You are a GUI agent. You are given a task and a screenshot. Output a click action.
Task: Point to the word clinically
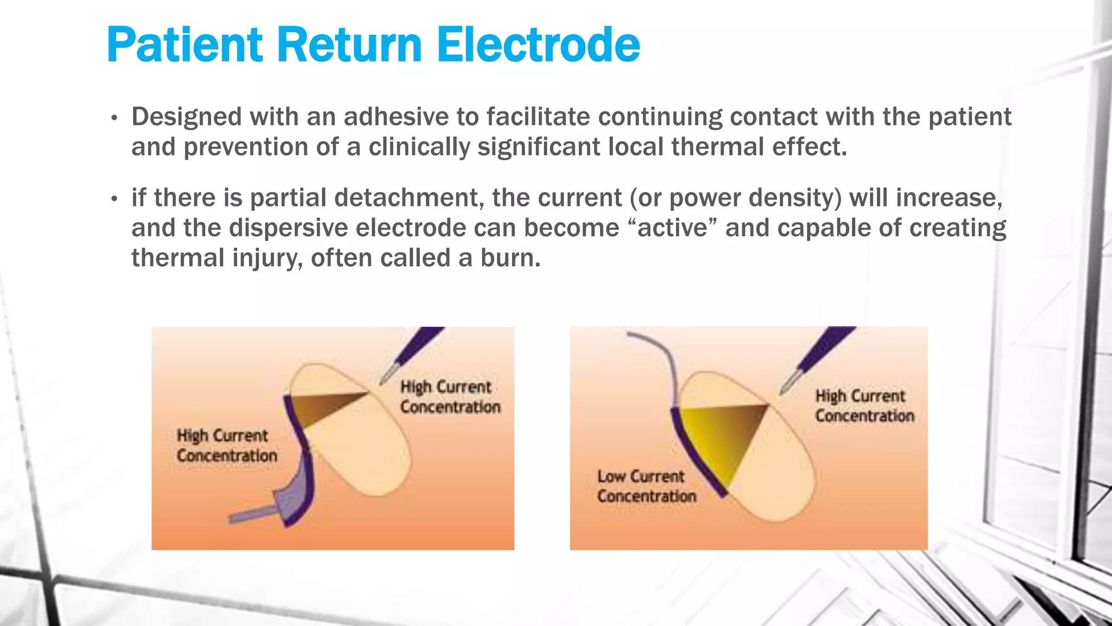pyautogui.click(x=419, y=147)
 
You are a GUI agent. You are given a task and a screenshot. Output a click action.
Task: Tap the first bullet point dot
pyautogui.click(x=114, y=118)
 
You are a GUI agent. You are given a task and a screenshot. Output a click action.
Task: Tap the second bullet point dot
pyautogui.click(x=114, y=199)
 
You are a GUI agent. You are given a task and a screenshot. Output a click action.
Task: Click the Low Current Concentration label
pyautogui.click(x=646, y=486)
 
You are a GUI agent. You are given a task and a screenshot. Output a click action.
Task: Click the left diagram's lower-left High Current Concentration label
pyautogui.click(x=226, y=446)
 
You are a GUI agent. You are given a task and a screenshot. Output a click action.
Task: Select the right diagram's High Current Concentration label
pyautogui.click(x=864, y=406)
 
